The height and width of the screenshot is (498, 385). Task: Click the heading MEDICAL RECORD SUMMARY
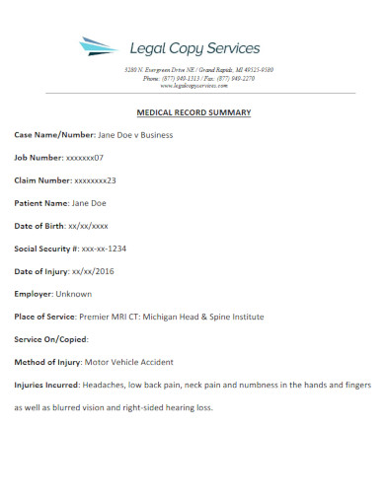tap(192, 112)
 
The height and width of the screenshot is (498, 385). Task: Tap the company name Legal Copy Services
tap(195, 47)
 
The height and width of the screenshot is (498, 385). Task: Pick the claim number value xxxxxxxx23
tap(97, 180)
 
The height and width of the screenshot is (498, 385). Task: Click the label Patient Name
tap(40, 203)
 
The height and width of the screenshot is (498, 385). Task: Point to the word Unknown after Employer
tap(76, 294)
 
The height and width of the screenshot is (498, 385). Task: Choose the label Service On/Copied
tap(48, 339)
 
